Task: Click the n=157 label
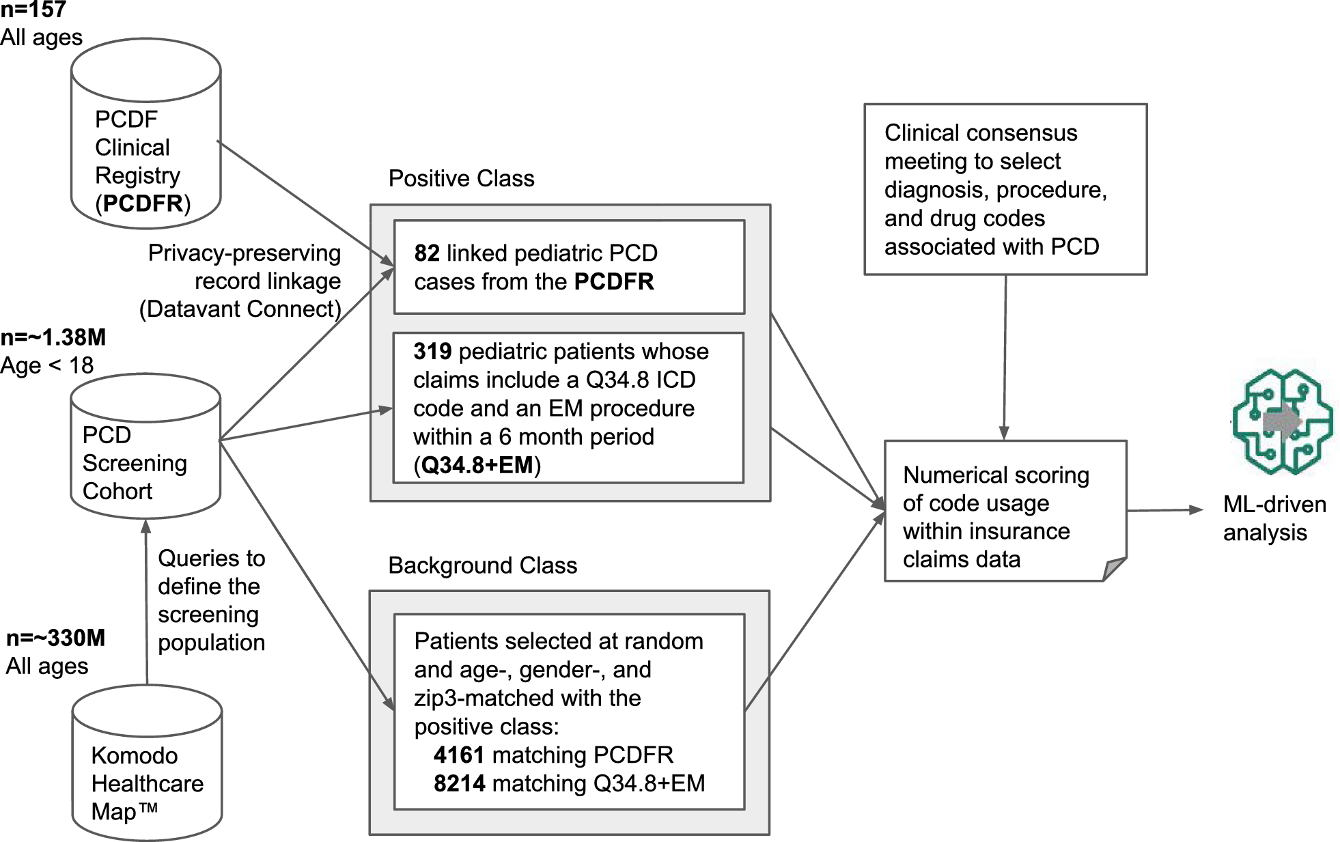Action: tap(33, 10)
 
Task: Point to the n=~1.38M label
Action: tap(53, 337)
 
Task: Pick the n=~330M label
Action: tap(56, 638)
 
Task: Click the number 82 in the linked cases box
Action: tap(427, 253)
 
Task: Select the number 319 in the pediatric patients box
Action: tap(432, 352)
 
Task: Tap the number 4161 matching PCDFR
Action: tap(459, 755)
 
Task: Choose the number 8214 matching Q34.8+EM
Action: tap(459, 783)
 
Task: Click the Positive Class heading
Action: tap(461, 178)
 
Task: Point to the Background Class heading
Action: tap(482, 565)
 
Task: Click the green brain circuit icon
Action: tap(1282, 421)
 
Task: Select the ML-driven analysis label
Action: tap(1274, 518)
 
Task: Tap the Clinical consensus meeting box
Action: tap(1005, 189)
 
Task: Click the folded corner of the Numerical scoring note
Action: tap(1114, 569)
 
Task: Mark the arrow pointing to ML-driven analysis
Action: tap(1164, 510)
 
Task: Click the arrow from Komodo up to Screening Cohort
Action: tap(146, 601)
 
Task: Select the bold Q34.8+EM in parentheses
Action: tap(477, 465)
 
